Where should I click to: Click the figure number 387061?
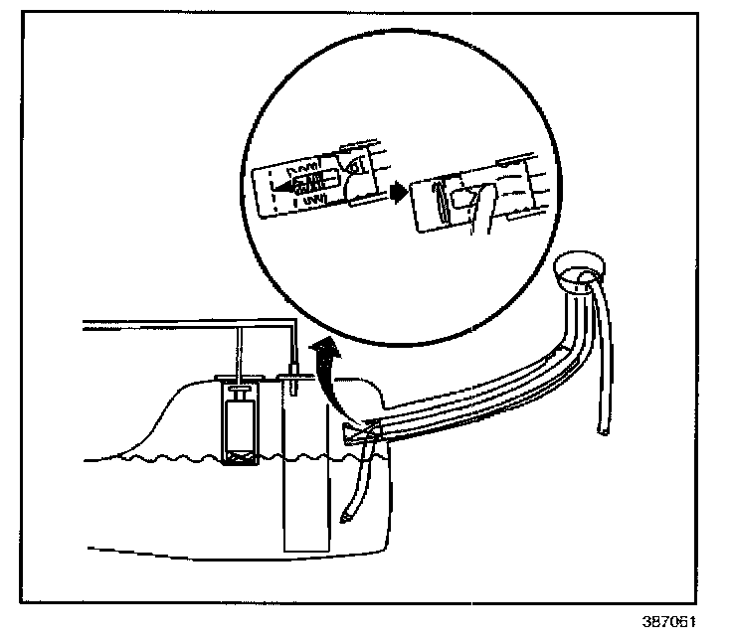pyautogui.click(x=669, y=624)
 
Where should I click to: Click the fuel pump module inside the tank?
pyautogui.click(x=237, y=422)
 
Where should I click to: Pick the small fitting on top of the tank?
pyautogui.click(x=294, y=376)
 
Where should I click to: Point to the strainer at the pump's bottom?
pyautogui.click(x=237, y=456)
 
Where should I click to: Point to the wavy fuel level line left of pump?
pyautogui.click(x=149, y=459)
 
